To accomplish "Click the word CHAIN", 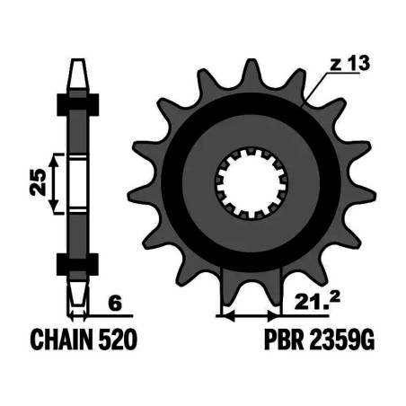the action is pos(61,340).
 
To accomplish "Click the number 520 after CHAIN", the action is pos(118,340).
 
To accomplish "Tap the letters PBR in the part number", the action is pos(284,340).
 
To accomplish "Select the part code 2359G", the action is pos(342,340).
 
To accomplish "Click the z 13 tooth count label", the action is pos(349,64).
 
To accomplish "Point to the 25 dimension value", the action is pos(39,182).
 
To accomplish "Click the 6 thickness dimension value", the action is pos(116,304).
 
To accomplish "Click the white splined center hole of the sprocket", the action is pos(252,183).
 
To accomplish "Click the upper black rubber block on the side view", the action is pos(78,105).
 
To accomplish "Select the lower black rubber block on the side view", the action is pos(77,264).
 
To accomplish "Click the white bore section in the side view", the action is pos(78,183).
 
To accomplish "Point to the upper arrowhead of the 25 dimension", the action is pos(54,162).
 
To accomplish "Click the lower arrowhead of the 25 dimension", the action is pos(54,206).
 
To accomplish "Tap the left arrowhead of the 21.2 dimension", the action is pos(228,315).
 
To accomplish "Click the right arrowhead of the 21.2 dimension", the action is pos(273,315).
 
